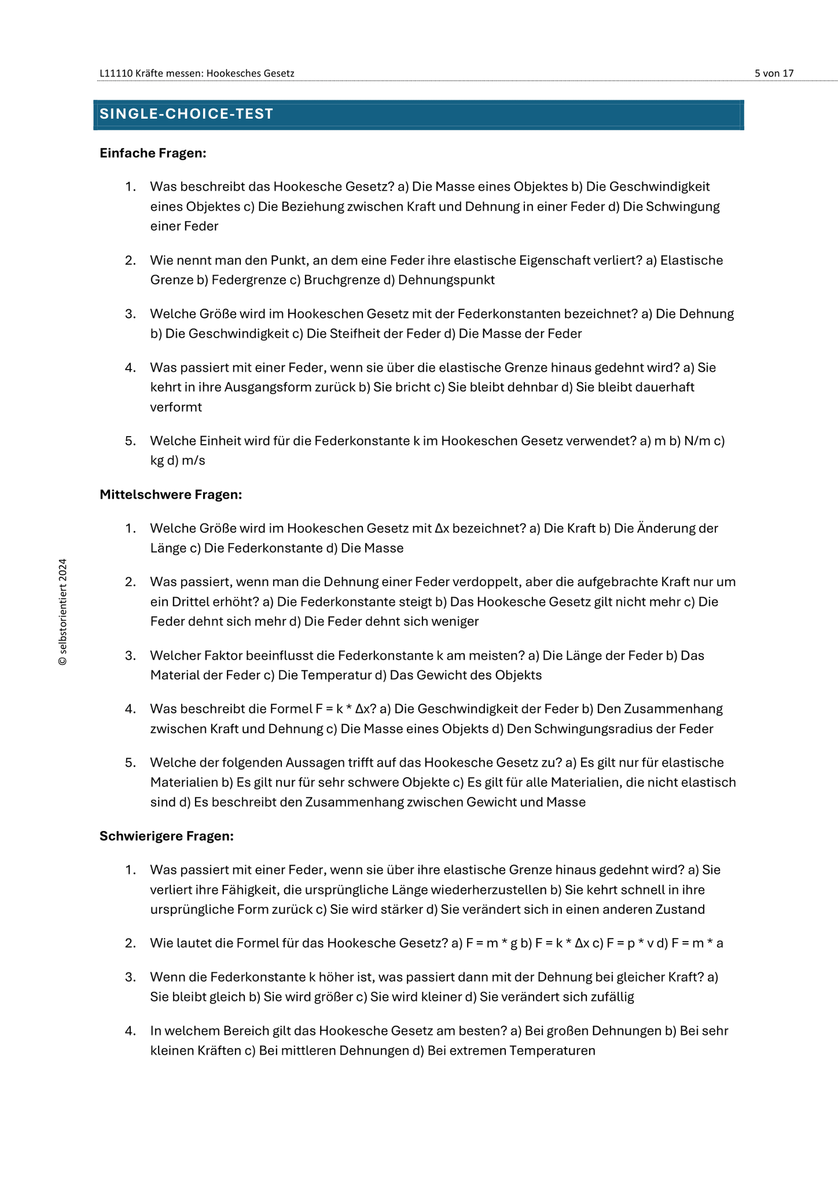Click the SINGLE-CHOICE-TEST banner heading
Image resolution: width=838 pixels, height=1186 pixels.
point(186,114)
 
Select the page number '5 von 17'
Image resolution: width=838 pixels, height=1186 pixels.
point(774,74)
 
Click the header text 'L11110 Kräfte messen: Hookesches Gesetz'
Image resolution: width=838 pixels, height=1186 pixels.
point(197,74)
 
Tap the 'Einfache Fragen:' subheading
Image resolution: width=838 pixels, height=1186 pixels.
point(153,153)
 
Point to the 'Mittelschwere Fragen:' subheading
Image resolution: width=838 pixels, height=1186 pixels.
point(171,495)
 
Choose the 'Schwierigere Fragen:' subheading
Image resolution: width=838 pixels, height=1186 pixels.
point(167,836)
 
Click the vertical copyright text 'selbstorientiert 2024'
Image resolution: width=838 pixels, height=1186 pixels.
point(63,612)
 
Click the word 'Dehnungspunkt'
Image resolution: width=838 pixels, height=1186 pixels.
point(446,280)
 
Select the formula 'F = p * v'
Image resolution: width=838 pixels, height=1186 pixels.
point(630,943)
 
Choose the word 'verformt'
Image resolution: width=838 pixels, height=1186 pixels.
point(176,407)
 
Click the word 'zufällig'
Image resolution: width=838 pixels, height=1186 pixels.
point(611,997)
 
